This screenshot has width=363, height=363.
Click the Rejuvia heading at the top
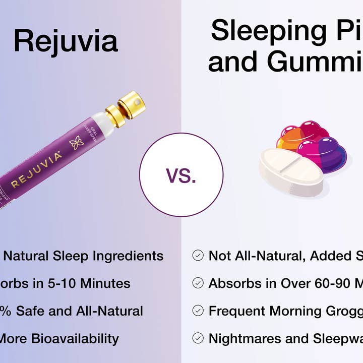pos(66,41)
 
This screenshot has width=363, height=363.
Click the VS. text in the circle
pos(181,175)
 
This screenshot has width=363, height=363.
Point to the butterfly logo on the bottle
pos(77,142)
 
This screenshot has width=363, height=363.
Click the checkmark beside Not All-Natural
pos(198,256)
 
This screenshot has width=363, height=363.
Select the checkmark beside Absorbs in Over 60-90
pos(198,283)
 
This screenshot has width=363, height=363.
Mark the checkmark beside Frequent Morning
pos(198,311)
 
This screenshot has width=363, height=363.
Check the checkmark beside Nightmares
pos(198,338)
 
